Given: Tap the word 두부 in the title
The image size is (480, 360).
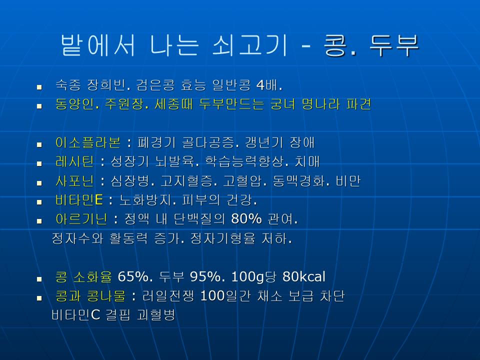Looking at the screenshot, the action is pos(394,45).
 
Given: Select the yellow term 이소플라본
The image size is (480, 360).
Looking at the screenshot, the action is pos(88,142).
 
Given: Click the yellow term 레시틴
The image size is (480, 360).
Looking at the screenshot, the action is pos(74,161).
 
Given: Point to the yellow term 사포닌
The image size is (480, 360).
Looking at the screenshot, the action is pos(74,181).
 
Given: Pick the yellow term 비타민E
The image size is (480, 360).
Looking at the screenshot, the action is pos(79,200).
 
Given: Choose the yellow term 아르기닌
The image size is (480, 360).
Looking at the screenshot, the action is pos(81,219).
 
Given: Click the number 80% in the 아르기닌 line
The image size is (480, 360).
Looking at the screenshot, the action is pos(246,219).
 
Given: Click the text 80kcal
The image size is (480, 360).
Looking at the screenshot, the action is pos(303,276).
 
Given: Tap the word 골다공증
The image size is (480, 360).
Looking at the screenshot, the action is pos(208,142).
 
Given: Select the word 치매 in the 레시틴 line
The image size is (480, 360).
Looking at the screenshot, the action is pos(307,161).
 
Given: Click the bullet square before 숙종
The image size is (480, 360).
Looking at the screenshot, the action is pos(39,87).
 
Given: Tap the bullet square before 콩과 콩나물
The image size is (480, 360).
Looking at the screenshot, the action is pos(39,298).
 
